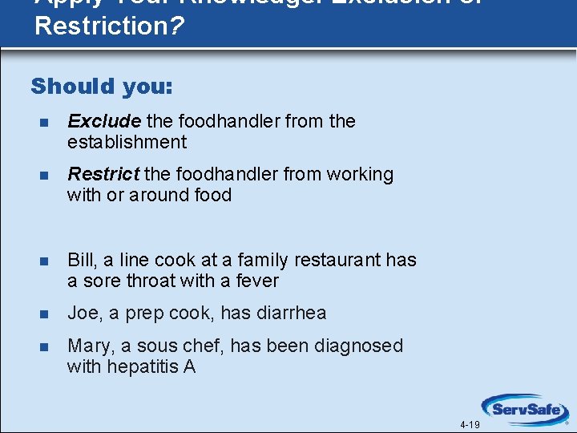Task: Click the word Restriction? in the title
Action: point(109,25)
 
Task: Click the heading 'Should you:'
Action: point(101,86)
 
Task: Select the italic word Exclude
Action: point(104,121)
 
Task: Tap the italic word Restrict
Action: point(103,174)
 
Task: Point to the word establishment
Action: point(127,143)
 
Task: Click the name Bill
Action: point(80,260)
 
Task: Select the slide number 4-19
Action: point(470,425)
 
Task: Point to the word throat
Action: point(139,281)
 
